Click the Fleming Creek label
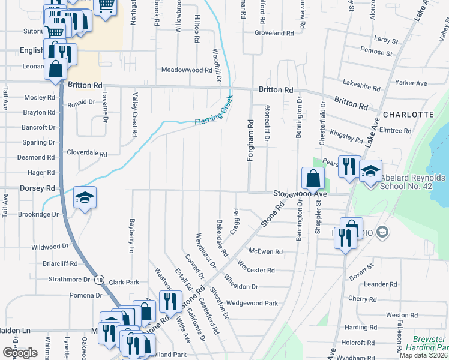click(x=213, y=116)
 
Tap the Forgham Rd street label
click(x=250, y=140)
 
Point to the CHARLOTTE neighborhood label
click(x=408, y=114)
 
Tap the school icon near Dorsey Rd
click(x=85, y=198)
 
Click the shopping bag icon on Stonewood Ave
click(x=313, y=178)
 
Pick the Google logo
click(x=20, y=353)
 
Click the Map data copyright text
click(x=423, y=355)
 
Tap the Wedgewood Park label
click(x=252, y=304)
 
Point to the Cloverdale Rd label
click(x=86, y=153)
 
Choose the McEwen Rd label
click(x=265, y=251)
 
